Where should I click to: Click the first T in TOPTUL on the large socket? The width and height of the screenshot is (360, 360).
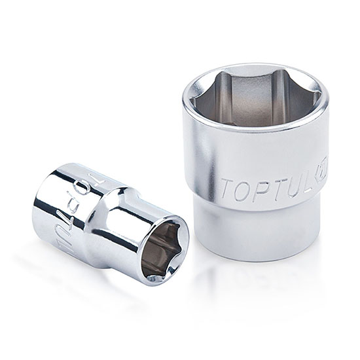click(226, 189)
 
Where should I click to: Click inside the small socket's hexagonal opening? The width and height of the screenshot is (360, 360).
click(162, 243)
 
